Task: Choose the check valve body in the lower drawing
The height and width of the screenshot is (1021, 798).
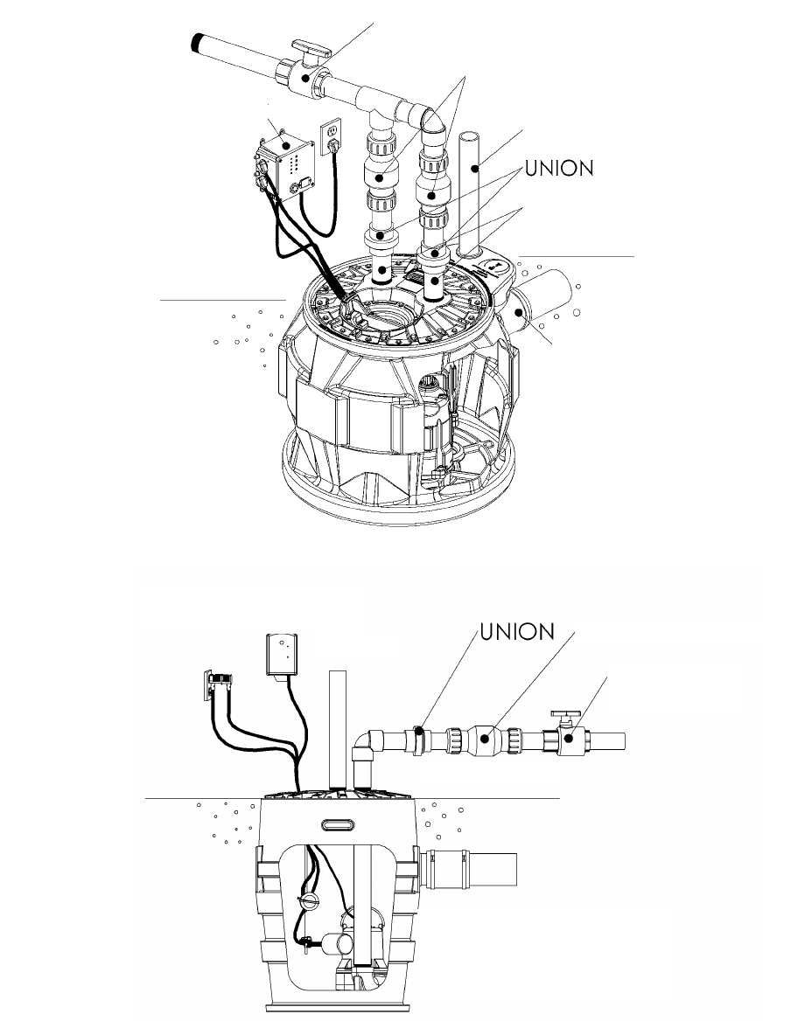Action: tap(485, 740)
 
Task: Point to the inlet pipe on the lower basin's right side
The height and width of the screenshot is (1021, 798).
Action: tap(477, 870)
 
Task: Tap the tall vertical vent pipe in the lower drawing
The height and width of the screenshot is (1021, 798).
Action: tap(338, 730)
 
